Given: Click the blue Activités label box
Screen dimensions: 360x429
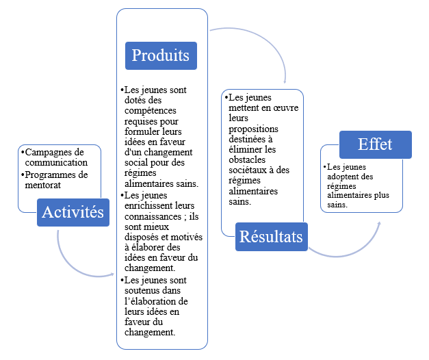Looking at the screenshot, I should tap(73, 212).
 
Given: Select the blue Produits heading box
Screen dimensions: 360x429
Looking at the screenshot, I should tap(160, 55).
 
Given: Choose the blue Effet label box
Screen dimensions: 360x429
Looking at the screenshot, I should tap(375, 145).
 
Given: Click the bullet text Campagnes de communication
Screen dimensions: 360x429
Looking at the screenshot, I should tap(54, 157).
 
